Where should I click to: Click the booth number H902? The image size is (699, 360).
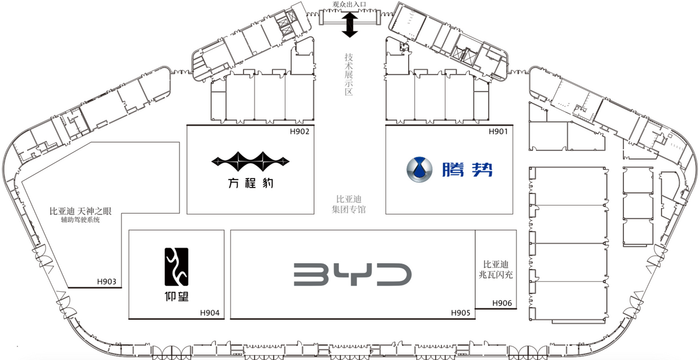pyautogui.click(x=299, y=132)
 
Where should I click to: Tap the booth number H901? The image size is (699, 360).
pyautogui.click(x=498, y=132)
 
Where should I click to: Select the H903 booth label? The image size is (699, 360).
pyautogui.click(x=107, y=282)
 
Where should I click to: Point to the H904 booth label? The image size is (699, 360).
pyautogui.click(x=210, y=313)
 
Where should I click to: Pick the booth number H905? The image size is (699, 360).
pyautogui.click(x=461, y=313)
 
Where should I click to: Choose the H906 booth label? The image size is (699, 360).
pyautogui.click(x=502, y=303)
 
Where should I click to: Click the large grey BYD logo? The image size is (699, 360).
pyautogui.click(x=352, y=274)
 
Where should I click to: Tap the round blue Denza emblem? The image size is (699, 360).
pyautogui.click(x=419, y=170)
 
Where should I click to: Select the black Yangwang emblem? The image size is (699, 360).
pyautogui.click(x=176, y=267)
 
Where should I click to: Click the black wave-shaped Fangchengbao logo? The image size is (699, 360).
pyautogui.click(x=250, y=161)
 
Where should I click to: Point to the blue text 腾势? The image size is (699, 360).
pyautogui.click(x=467, y=170)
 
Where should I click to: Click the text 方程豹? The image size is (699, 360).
pyautogui.click(x=250, y=183)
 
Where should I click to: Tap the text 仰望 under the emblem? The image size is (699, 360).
pyautogui.click(x=176, y=296)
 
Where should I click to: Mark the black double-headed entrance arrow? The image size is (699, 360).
pyautogui.click(x=350, y=24)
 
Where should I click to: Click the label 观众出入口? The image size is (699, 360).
pyautogui.click(x=349, y=4)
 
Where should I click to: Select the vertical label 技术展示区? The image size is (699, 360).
pyautogui.click(x=348, y=75)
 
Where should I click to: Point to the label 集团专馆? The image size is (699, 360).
pyautogui.click(x=348, y=209)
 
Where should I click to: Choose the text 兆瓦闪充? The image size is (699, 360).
pyautogui.click(x=496, y=275)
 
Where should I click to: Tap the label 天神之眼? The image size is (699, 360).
pyautogui.click(x=94, y=211)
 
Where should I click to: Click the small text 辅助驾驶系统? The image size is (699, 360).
pyautogui.click(x=80, y=220)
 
